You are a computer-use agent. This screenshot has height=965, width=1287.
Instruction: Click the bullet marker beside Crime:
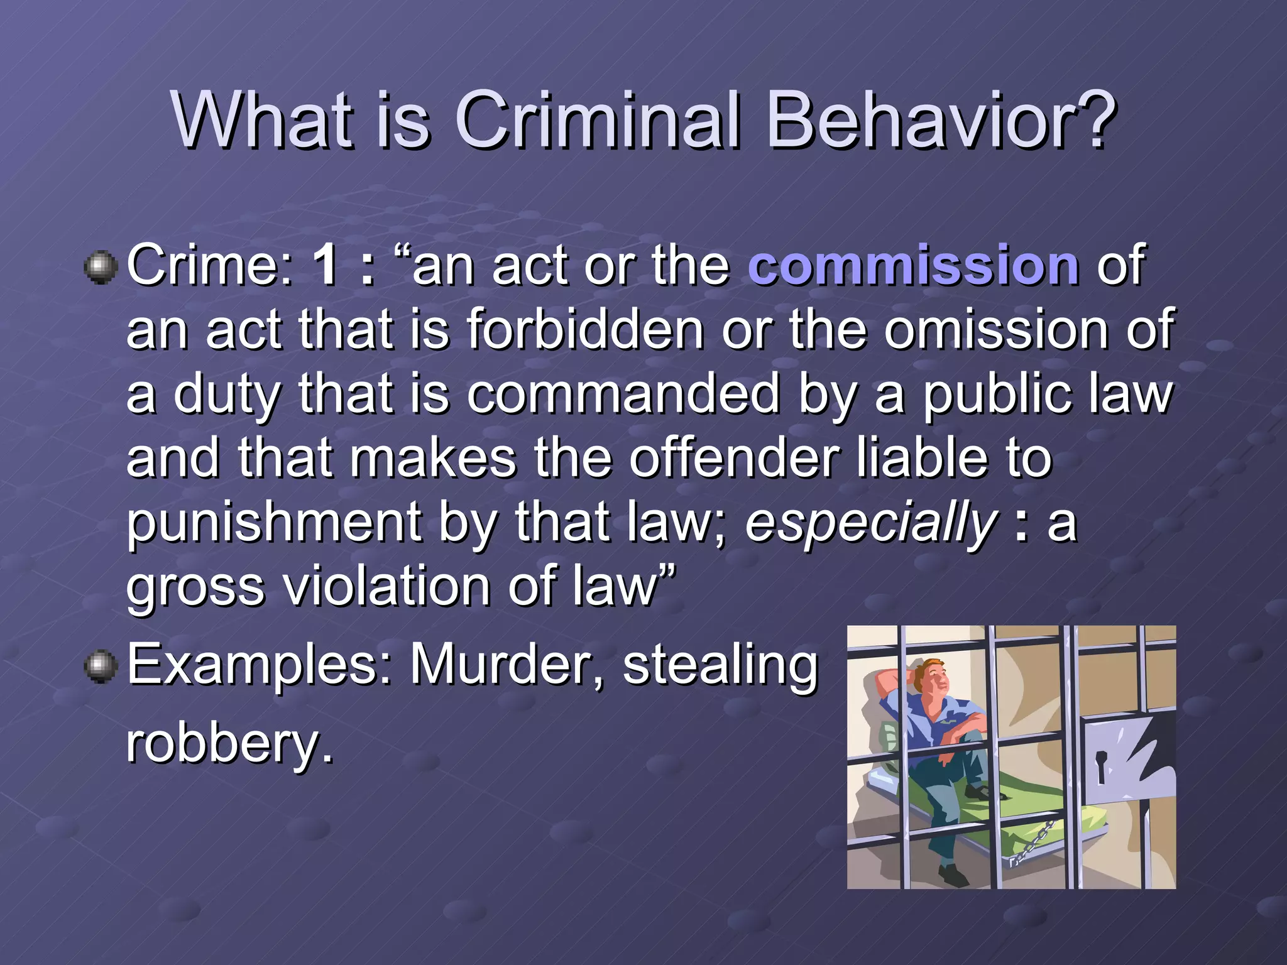point(101,268)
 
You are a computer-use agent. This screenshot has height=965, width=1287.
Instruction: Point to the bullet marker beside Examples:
point(101,666)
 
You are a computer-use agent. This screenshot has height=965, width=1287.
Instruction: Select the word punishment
point(274,523)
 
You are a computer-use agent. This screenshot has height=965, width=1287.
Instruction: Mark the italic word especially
point(871,523)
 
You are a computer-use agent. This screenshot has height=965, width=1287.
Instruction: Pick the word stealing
point(720,666)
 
